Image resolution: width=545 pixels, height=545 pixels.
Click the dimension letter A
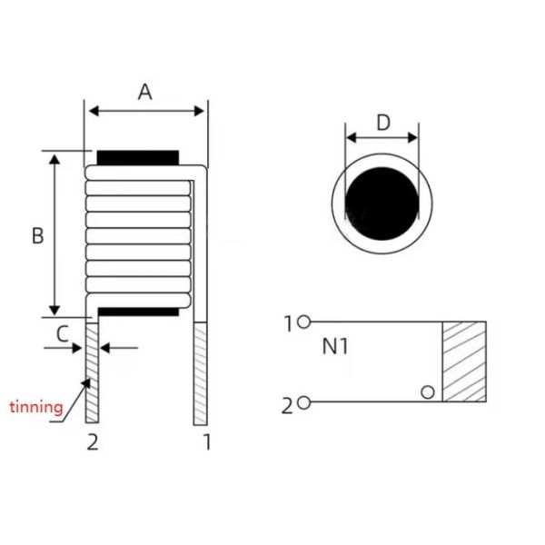tap(145, 93)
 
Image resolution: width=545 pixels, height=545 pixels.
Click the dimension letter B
tap(37, 235)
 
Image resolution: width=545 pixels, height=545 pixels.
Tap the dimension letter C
tap(62, 334)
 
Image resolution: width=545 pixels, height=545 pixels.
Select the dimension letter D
tap(383, 123)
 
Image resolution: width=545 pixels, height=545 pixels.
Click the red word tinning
tap(36, 407)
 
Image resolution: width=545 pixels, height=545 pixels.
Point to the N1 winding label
tap(334, 347)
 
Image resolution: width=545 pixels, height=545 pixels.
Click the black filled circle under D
tap(381, 203)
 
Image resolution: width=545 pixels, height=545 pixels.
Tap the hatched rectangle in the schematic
tap(464, 362)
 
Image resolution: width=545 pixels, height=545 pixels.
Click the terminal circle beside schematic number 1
tap(303, 322)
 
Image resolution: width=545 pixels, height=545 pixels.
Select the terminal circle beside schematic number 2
tap(303, 402)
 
